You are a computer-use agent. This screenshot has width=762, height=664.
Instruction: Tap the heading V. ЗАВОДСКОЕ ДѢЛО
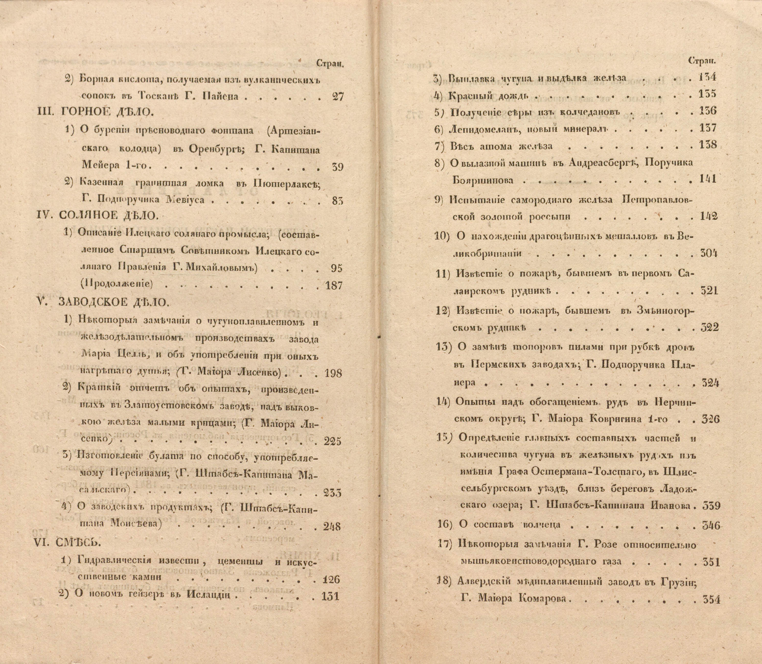pyautogui.click(x=104, y=302)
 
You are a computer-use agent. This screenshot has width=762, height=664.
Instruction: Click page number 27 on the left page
pyautogui.click(x=336, y=97)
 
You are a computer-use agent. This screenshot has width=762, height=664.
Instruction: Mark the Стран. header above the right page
pyautogui.click(x=702, y=62)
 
